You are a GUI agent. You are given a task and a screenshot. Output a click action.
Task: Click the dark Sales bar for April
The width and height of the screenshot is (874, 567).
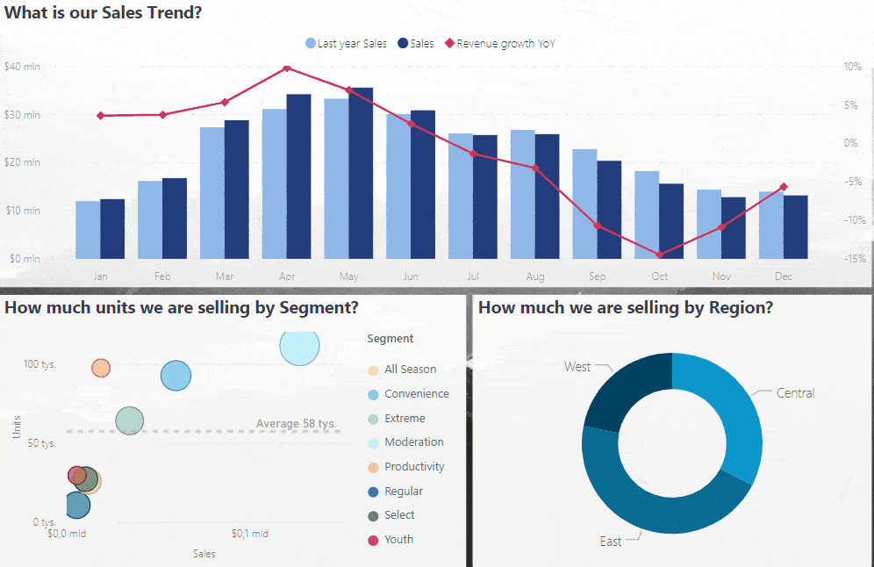point(299,176)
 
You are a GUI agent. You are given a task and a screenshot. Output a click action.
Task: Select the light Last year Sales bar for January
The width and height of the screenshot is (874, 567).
point(88,229)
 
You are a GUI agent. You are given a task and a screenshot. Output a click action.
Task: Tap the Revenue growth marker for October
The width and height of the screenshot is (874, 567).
point(660,255)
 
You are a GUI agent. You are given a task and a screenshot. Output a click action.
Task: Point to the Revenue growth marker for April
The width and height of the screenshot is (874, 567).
point(287,68)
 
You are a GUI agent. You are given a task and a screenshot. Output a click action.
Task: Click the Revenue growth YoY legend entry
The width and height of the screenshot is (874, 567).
point(500,43)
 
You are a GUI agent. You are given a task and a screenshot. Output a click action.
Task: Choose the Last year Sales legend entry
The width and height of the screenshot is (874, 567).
point(347,43)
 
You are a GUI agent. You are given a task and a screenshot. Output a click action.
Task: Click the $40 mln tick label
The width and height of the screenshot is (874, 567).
point(21,67)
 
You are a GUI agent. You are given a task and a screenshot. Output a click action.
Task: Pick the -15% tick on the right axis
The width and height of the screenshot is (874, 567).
point(852,259)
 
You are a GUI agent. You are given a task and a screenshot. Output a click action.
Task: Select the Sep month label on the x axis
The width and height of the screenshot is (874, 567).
point(598,276)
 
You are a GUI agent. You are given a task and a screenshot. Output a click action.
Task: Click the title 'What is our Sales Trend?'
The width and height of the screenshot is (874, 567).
point(103,13)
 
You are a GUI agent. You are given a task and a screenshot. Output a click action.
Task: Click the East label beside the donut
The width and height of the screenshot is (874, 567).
point(611,542)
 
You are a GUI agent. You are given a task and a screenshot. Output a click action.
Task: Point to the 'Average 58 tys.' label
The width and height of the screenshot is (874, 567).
point(297,424)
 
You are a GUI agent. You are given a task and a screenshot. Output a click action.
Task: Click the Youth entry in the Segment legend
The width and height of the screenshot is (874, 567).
point(398,540)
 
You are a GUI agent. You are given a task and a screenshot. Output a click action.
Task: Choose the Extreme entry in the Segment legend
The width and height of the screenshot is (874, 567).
point(404,419)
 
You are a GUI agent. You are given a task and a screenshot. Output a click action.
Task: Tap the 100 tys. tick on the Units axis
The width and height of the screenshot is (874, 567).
point(39,364)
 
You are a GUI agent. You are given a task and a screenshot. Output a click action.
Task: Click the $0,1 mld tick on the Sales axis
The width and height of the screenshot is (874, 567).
point(250,534)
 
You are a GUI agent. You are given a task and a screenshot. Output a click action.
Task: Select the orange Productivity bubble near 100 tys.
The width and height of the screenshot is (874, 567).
point(101,368)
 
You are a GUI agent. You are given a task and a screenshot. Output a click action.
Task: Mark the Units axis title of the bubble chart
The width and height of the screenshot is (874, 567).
point(17,427)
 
